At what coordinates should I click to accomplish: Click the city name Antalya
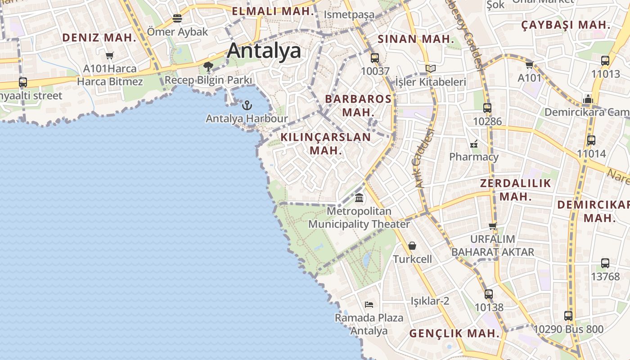point(264,50)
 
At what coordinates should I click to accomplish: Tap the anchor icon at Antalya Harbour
point(247,106)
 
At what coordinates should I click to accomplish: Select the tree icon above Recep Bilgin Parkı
point(208,67)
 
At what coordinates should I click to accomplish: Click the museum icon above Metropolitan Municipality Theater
point(359,198)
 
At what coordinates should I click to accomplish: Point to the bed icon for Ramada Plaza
point(369,305)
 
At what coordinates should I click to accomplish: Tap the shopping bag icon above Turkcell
point(412,246)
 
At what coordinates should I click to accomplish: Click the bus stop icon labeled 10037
point(375,58)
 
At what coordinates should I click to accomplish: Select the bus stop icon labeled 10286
point(487,108)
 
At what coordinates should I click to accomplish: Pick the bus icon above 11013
point(605,61)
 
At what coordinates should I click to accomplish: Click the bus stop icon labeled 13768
point(605,263)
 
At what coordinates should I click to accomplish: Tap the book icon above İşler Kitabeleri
point(431,69)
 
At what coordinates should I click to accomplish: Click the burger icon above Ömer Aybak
point(177,18)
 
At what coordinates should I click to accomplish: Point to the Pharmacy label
point(474,157)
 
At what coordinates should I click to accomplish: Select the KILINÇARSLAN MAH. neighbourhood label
point(326,144)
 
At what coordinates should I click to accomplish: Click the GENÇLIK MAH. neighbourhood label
point(454,333)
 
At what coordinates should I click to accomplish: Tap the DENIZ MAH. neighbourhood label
point(99,38)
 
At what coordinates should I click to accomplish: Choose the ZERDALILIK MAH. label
point(515,189)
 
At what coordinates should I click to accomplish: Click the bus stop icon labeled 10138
point(489,294)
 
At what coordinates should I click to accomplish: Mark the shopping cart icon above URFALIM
point(493,226)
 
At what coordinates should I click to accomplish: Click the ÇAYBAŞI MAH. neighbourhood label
point(566,25)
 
